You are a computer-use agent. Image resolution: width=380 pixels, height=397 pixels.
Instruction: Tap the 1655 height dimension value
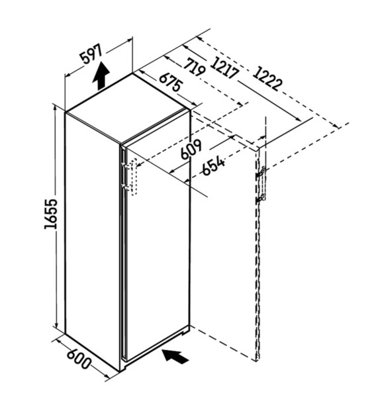click(x=51, y=214)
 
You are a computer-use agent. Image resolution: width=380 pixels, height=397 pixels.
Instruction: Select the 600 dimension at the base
click(x=79, y=360)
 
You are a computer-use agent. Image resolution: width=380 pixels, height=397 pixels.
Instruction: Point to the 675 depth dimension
click(x=171, y=82)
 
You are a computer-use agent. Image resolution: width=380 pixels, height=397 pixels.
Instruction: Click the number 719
click(x=195, y=67)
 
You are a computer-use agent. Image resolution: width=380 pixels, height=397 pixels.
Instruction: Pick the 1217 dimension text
click(x=224, y=68)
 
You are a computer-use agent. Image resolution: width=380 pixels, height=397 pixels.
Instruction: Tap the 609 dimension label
click(x=191, y=150)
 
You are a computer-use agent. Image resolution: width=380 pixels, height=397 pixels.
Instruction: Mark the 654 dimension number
click(x=213, y=167)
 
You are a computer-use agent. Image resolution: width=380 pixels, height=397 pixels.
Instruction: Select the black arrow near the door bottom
click(x=175, y=356)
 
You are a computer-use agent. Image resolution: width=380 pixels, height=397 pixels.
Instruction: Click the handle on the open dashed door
click(x=261, y=185)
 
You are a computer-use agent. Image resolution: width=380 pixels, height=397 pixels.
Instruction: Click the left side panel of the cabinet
click(x=93, y=241)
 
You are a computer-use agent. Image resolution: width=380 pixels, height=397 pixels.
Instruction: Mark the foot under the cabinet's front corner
click(x=123, y=368)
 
